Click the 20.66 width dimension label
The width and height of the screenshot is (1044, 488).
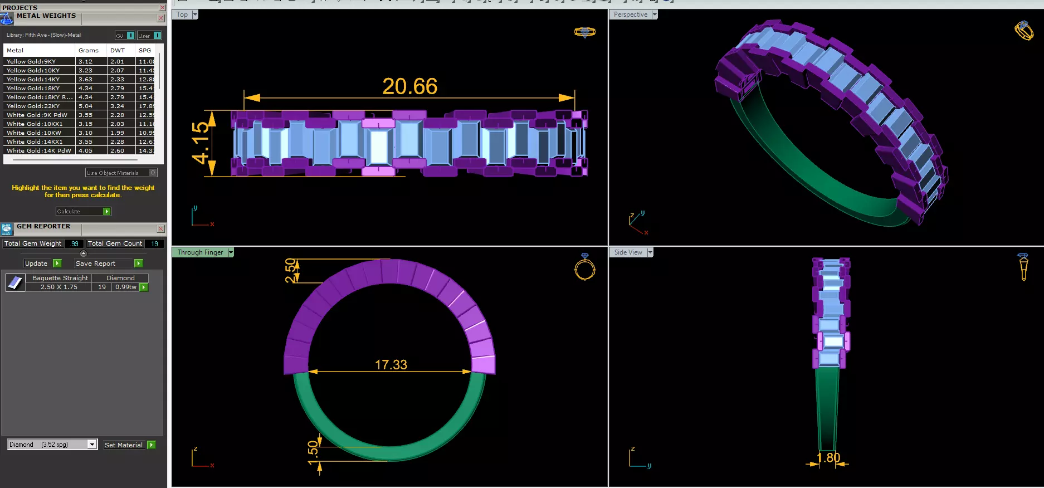click(409, 86)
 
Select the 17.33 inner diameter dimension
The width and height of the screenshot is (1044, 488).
click(391, 364)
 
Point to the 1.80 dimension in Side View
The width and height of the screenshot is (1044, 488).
click(828, 458)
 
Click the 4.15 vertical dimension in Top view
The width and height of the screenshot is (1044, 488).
click(201, 144)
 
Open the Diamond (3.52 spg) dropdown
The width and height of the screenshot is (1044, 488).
click(92, 445)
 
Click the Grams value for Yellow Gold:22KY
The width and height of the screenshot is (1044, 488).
click(86, 106)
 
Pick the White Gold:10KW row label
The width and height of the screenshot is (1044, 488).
click(34, 133)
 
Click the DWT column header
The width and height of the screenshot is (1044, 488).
click(118, 50)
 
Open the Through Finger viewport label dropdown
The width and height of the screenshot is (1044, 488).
click(231, 252)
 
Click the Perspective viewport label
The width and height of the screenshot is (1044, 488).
click(630, 14)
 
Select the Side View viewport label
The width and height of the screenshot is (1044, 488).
click(628, 252)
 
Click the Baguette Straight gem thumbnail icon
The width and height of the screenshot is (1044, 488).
click(14, 282)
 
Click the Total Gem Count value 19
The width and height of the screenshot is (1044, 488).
click(154, 243)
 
